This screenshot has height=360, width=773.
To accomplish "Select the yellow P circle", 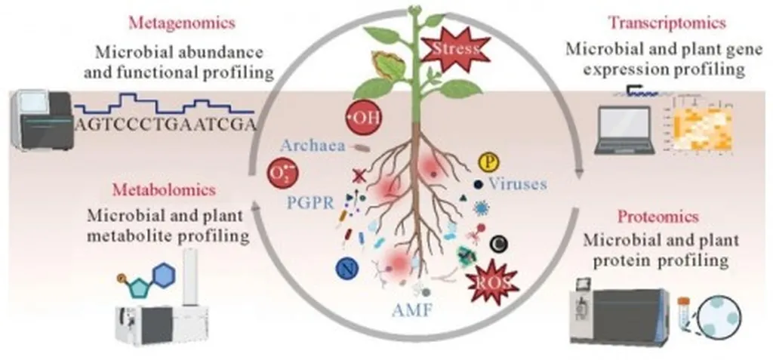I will [488, 162].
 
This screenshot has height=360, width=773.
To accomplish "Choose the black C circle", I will [497, 242].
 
